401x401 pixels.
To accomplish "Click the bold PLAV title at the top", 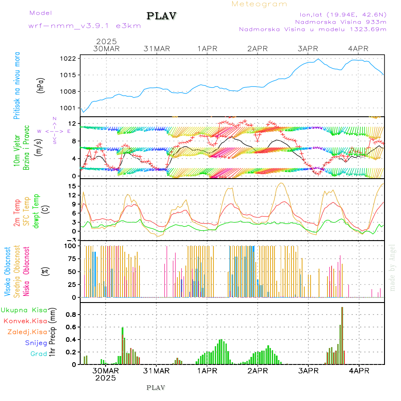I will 162,16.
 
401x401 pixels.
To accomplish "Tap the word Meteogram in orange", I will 259,4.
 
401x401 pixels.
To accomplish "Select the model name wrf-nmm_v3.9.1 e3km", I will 85,26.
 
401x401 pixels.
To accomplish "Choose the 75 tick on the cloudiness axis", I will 72,259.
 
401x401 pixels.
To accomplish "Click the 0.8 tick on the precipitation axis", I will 71,315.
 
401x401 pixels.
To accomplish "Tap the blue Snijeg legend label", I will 36,343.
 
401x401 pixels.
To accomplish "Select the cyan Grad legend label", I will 39,354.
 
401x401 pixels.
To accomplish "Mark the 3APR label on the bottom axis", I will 308,370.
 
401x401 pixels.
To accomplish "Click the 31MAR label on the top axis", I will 156,49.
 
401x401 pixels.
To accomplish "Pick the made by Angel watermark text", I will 393,267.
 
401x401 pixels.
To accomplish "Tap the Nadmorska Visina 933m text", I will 340,21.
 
